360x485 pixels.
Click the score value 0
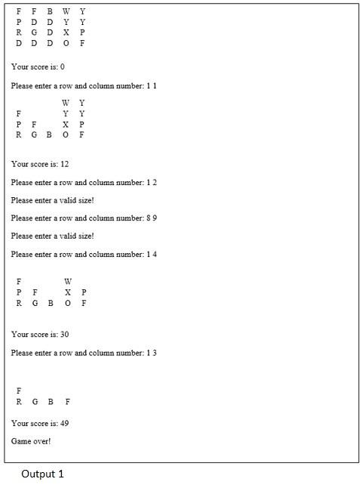62,67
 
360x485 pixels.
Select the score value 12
64,164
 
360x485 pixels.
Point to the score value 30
64,335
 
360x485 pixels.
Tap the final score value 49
64,424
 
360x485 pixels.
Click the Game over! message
31,441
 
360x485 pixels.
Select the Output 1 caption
42,474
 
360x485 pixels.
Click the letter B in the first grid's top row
50,11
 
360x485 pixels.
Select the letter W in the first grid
66,11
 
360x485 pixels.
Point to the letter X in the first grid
66,32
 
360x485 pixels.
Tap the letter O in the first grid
66,43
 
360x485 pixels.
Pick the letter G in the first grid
34,32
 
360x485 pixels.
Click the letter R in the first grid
19,32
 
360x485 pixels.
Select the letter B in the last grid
50,402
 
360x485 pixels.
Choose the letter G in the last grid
34,402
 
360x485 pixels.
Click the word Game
21,441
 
